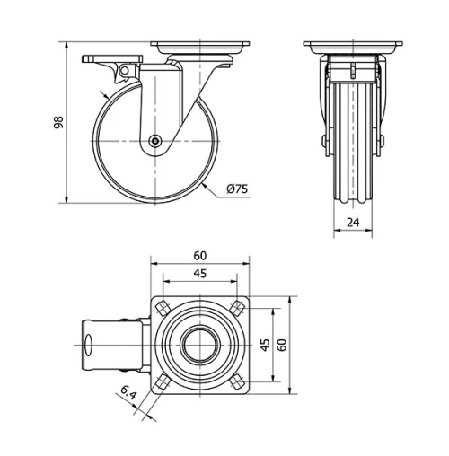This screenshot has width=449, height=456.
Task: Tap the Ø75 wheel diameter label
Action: pos(238,189)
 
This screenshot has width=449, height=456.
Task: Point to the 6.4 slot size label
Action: pos(128,391)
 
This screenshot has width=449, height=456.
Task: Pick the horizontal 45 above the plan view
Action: pos(200,275)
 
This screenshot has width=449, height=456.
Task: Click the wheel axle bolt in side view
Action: pos(155,141)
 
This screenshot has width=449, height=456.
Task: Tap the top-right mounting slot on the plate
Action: pos(237,308)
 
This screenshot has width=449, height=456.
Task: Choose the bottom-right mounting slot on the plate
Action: pos(237,383)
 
